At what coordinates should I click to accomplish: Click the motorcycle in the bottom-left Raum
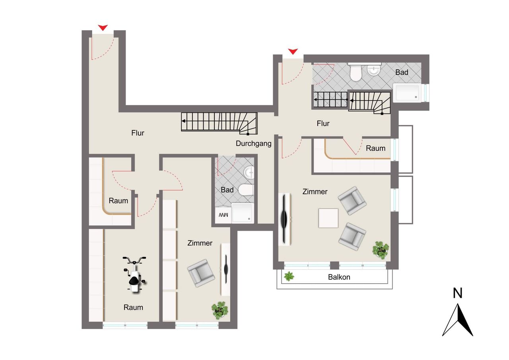tap(134, 274)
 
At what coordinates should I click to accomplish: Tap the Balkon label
tap(339, 277)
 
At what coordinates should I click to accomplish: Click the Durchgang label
tap(254, 144)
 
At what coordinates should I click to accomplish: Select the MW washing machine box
tap(223, 215)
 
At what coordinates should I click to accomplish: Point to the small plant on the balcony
tap(289, 276)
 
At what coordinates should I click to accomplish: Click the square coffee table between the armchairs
tap(328, 218)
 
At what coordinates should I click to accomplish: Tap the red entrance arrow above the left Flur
tap(103, 27)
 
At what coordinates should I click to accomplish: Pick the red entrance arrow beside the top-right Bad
tap(293, 52)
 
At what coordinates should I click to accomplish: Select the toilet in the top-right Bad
tap(356, 72)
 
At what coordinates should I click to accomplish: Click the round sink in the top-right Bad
tap(374, 70)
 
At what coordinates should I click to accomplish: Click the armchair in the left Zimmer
tap(201, 273)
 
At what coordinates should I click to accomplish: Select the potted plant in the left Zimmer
tap(220, 310)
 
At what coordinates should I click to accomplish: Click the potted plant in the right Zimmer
tap(381, 250)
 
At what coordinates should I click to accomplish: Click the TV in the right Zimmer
tap(284, 219)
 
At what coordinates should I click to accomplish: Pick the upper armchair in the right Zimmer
tap(352, 200)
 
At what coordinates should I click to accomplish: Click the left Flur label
tap(138, 133)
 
